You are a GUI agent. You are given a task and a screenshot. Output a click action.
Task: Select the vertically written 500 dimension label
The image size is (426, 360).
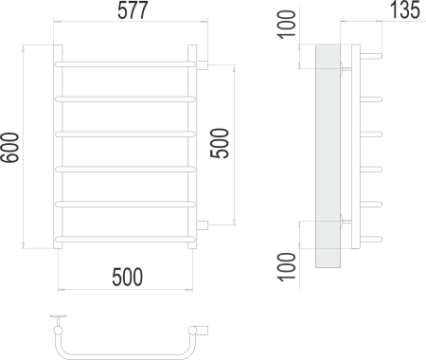(x=220, y=145)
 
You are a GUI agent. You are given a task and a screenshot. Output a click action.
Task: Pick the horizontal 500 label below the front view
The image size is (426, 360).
(x=127, y=277)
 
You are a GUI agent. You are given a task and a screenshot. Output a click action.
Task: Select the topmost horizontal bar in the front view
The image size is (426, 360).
(x=127, y=63)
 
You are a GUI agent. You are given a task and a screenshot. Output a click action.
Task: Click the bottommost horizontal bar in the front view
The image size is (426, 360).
(x=127, y=234)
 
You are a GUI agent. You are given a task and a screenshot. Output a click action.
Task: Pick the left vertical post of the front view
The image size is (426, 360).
(x=58, y=147)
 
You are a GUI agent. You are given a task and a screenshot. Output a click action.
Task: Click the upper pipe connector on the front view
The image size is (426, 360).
(x=202, y=64)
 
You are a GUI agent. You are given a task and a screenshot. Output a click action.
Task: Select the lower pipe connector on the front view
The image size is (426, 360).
(x=202, y=225)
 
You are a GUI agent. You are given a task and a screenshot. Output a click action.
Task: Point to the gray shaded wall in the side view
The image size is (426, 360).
(x=326, y=152)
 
